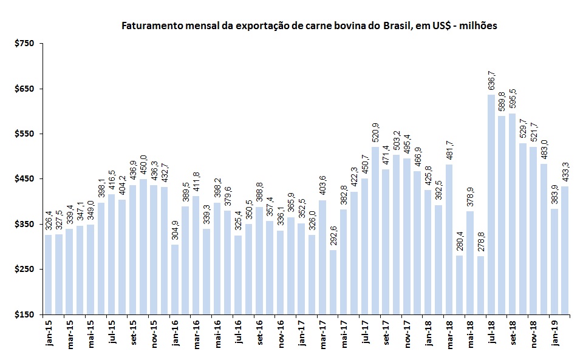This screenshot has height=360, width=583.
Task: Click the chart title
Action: coord(310,26)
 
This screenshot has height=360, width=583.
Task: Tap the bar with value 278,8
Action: coord(481,285)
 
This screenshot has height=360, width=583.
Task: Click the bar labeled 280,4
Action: coord(460,285)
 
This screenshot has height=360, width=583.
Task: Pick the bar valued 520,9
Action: coord(375,231)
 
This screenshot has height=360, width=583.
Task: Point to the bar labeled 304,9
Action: coord(175,279)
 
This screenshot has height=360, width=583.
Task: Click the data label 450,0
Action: coord(143,165)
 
